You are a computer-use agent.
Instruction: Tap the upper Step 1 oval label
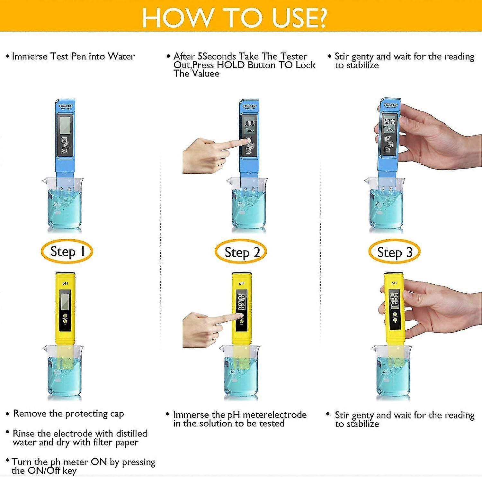67,252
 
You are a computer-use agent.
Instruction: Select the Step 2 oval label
241,252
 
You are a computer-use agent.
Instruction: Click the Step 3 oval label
394,252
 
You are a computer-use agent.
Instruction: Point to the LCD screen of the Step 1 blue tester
65,125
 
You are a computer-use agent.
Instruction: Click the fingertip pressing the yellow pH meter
239,316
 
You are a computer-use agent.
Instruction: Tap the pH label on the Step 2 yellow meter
242,283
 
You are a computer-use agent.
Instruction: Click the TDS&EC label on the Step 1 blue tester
65,106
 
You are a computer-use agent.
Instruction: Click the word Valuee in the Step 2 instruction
205,74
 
